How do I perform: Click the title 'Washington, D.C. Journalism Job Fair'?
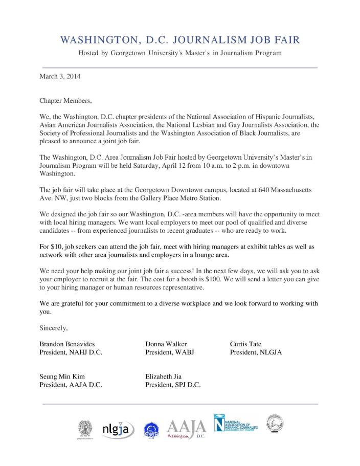tap(179, 39)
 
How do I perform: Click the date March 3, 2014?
tap(60, 77)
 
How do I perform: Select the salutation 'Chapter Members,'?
tap(65, 100)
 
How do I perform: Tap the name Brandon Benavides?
tap(67, 344)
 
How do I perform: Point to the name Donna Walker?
tap(166, 344)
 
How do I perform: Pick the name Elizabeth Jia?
tap(164, 376)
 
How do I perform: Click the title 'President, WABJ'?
tap(170, 352)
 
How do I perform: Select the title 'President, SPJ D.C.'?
tap(173, 385)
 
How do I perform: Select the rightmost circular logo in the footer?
tap(274, 424)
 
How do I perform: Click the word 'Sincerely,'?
tap(54, 327)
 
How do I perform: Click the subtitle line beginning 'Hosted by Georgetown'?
tap(179, 53)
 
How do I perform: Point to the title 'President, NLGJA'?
tap(256, 352)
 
